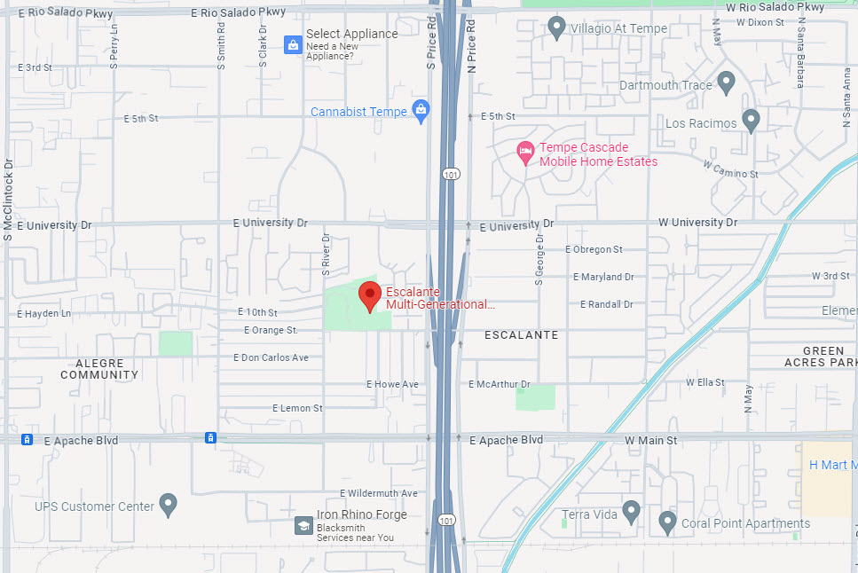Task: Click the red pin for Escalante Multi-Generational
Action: click(370, 294)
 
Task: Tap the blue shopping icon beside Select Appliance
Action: click(293, 44)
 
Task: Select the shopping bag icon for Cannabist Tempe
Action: click(421, 111)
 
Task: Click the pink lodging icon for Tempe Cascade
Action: click(525, 153)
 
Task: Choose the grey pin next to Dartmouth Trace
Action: click(727, 83)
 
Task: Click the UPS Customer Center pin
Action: click(169, 505)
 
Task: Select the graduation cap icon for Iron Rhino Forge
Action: click(303, 526)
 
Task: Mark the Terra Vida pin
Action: click(631, 511)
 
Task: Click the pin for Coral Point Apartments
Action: click(667, 522)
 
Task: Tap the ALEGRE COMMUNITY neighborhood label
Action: click(99, 369)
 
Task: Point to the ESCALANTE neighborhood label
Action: click(522, 335)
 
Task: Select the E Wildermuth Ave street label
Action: click(378, 493)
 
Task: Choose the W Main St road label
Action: click(650, 440)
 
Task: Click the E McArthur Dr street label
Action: click(499, 384)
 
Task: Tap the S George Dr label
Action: click(539, 259)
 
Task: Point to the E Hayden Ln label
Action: click(43, 314)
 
